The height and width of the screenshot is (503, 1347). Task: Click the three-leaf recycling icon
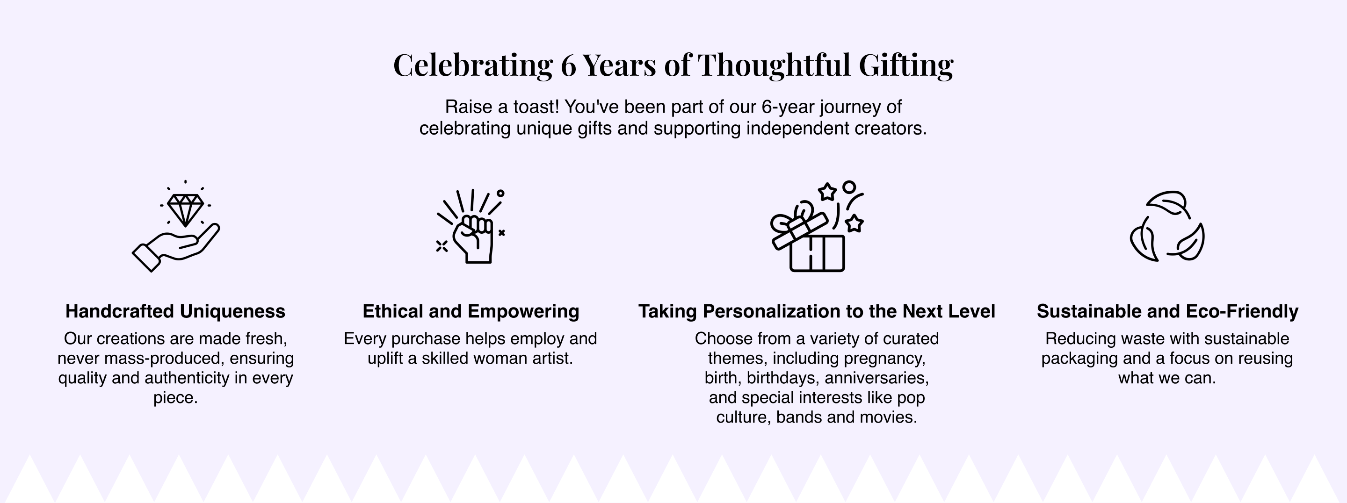point(1167,226)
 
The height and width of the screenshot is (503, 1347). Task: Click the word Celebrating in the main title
point(473,65)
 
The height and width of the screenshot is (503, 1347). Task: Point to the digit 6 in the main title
point(568,65)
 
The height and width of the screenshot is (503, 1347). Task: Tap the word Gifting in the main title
point(905,65)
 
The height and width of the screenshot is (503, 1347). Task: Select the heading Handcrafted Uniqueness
point(175,311)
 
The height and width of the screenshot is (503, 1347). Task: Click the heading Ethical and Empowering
point(471,311)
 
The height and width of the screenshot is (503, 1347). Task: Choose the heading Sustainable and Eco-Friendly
point(1167,311)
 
